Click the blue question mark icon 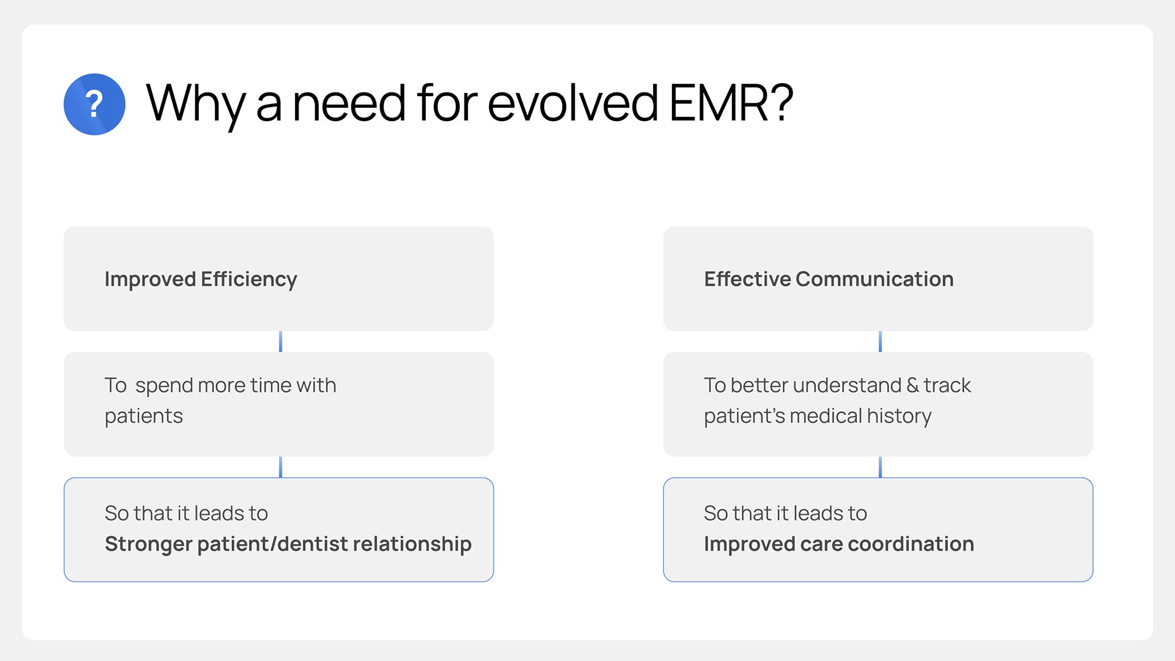[x=94, y=104]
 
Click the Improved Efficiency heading [x=201, y=279]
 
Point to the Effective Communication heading [x=829, y=279]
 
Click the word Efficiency [x=249, y=279]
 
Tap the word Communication [x=875, y=279]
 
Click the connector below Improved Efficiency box [x=280, y=342]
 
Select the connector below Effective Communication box [x=880, y=342]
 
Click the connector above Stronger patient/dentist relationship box [x=280, y=467]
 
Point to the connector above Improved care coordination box [x=880, y=467]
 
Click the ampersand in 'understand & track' [x=912, y=386]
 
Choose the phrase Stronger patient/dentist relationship [x=288, y=544]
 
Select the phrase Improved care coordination [x=839, y=544]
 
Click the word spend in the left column [x=164, y=386]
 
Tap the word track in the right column [x=947, y=386]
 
